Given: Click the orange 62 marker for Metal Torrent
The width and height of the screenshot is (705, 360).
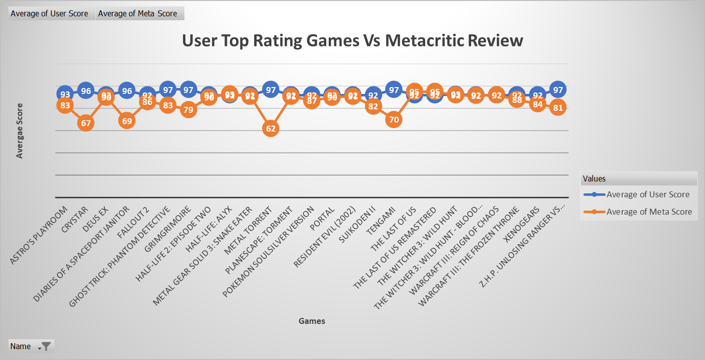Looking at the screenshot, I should pyautogui.click(x=270, y=129).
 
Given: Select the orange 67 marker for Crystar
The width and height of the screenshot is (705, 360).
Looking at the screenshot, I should pyautogui.click(x=86, y=123).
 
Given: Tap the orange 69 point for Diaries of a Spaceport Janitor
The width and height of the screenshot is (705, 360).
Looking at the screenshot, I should pyautogui.click(x=127, y=121).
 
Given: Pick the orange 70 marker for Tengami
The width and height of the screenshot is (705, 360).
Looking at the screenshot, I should pyautogui.click(x=394, y=119).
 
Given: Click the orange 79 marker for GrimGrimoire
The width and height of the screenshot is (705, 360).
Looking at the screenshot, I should pyautogui.click(x=188, y=110).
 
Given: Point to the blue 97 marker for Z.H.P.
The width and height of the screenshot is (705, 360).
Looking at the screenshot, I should pyautogui.click(x=558, y=90).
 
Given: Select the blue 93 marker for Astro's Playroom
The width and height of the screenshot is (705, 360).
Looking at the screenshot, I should pyautogui.click(x=65, y=94).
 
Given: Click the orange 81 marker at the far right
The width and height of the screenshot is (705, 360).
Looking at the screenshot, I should pyautogui.click(x=558, y=107).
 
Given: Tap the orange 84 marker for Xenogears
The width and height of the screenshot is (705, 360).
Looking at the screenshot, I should pyautogui.click(x=537, y=104).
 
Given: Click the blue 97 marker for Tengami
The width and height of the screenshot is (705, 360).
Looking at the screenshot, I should pyautogui.click(x=394, y=90).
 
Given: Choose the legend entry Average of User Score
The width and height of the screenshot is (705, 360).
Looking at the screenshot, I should pyautogui.click(x=648, y=194).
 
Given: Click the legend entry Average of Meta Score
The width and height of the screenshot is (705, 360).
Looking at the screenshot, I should pyautogui.click(x=649, y=212).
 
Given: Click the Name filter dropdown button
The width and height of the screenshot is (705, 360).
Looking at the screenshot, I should pyautogui.click(x=45, y=346).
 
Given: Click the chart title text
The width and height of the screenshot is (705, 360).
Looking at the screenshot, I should pyautogui.click(x=352, y=40).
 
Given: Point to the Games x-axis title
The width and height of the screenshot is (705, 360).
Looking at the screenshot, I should pyautogui.click(x=311, y=321).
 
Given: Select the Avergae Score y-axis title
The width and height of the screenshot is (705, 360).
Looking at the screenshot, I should pyautogui.click(x=20, y=131).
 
